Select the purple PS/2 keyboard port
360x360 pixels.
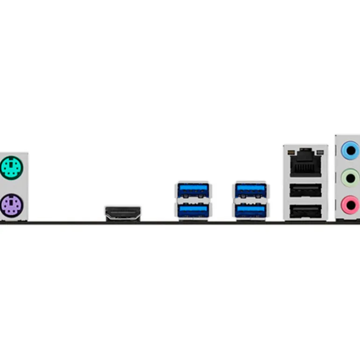(x=10, y=205)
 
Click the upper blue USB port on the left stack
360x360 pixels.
(x=193, y=190)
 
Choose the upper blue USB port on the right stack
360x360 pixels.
(x=251, y=190)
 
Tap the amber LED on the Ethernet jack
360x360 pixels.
(x=291, y=152)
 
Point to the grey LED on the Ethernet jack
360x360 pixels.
(x=320, y=152)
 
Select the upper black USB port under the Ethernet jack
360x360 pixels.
(x=306, y=191)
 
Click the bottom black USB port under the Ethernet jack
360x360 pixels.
(x=306, y=212)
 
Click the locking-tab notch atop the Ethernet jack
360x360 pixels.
(x=306, y=153)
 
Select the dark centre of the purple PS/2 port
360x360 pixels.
(x=10, y=205)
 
